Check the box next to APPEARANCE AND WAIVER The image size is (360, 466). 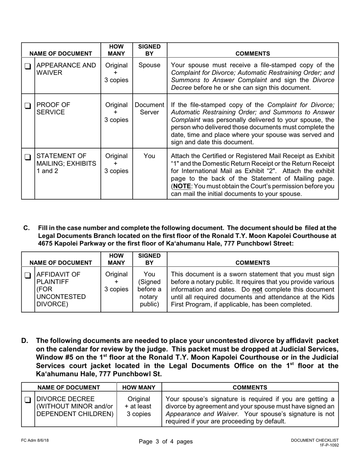point(28,66)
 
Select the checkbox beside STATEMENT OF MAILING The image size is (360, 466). point(28,157)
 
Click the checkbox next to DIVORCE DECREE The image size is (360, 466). point(28,400)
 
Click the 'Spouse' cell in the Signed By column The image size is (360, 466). point(149,65)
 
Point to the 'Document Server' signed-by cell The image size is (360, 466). point(149,109)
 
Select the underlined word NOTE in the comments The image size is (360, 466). point(182,186)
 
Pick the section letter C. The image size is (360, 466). point(27,228)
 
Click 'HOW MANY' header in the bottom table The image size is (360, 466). point(139,388)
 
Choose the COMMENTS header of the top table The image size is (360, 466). point(253,54)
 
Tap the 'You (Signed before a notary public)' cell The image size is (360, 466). point(149,290)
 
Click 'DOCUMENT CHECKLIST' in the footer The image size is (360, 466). point(315,440)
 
